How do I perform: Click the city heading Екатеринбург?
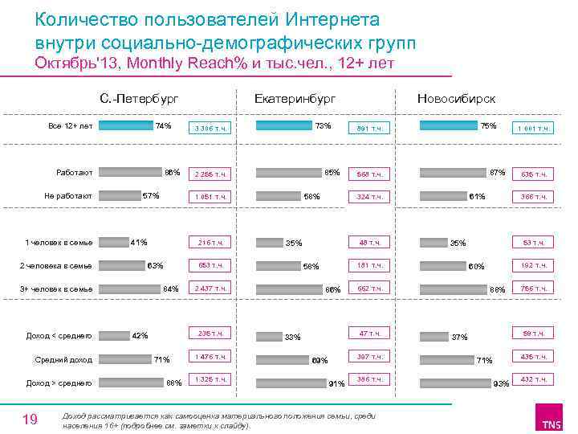pyautogui.click(x=295, y=98)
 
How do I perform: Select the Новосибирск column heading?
pyautogui.click(x=456, y=98)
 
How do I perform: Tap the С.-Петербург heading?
pyautogui.click(x=139, y=98)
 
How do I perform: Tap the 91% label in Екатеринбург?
pyautogui.click(x=337, y=384)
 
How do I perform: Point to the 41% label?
pyautogui.click(x=138, y=242)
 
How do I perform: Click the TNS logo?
pyautogui.click(x=552, y=420)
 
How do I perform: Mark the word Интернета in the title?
pyautogui.click(x=325, y=18)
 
